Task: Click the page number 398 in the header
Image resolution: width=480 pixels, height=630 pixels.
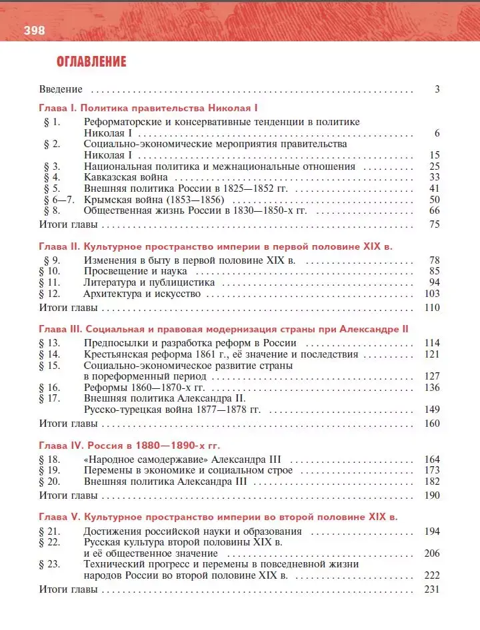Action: pyautogui.click(x=34, y=30)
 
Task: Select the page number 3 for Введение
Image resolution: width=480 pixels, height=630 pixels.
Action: pyautogui.click(x=437, y=89)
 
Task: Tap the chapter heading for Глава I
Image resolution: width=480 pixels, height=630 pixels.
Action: pyautogui.click(x=149, y=107)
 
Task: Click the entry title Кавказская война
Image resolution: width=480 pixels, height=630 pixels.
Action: pyautogui.click(x=125, y=177)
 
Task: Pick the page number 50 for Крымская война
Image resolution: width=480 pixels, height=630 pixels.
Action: pyautogui.click(x=435, y=199)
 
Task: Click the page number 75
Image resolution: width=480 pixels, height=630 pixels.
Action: pyautogui.click(x=435, y=224)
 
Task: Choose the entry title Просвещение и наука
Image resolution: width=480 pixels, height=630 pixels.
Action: pyautogui.click(x=135, y=271)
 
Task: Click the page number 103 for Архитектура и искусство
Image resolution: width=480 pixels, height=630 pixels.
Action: pyautogui.click(x=432, y=293)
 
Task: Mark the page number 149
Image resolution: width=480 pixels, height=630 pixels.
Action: pyautogui.click(x=432, y=409)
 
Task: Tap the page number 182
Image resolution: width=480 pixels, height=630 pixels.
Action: pyautogui.click(x=432, y=481)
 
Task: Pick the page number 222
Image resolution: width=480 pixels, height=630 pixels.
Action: pyautogui.click(x=432, y=575)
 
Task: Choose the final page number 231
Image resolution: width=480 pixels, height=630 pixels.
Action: pyautogui.click(x=432, y=589)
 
